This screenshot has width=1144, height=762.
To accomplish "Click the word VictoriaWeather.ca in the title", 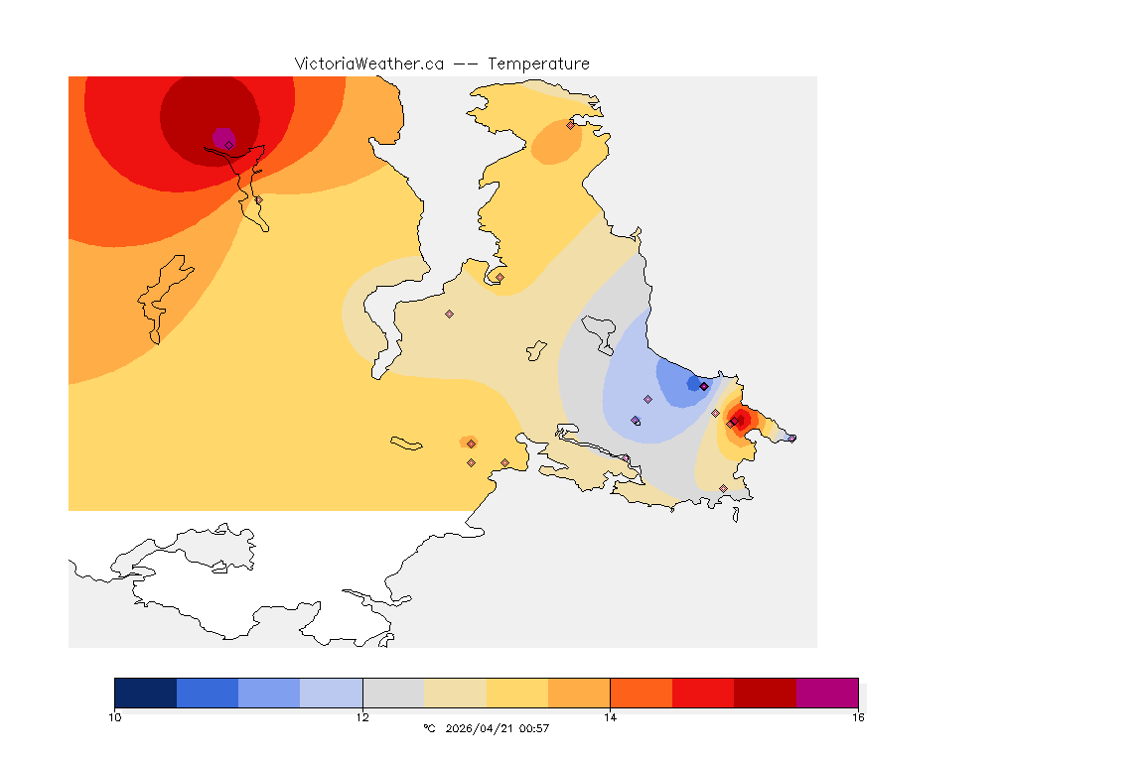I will pyautogui.click(x=368, y=63).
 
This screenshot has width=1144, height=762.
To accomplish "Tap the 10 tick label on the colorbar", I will pyautogui.click(x=114, y=716).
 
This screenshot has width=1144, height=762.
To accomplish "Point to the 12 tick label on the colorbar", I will pyautogui.click(x=362, y=716).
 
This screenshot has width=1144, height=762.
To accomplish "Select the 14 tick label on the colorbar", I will pyautogui.click(x=610, y=716).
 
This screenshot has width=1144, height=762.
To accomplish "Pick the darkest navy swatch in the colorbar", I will pyautogui.click(x=145, y=693).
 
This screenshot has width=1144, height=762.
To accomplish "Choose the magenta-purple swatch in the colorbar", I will pyautogui.click(x=827, y=693).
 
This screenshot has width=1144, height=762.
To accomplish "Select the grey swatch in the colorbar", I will pyautogui.click(x=393, y=693).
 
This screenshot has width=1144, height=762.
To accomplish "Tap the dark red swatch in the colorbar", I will pyautogui.click(x=765, y=693).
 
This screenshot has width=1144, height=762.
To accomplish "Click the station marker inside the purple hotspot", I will pyautogui.click(x=228, y=145).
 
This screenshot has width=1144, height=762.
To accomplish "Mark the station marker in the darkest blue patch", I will pyautogui.click(x=703, y=386).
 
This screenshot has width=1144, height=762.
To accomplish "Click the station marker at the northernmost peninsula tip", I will pyautogui.click(x=570, y=125).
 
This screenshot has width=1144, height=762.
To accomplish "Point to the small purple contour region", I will pyautogui.click(x=222, y=136).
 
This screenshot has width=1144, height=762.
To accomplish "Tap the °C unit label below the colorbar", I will pyautogui.click(x=429, y=728).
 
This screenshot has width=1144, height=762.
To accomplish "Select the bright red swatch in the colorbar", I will pyautogui.click(x=703, y=693).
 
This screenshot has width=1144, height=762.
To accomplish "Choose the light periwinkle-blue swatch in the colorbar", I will pyautogui.click(x=332, y=693).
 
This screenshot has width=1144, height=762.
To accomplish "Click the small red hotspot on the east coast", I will pyautogui.click(x=740, y=418).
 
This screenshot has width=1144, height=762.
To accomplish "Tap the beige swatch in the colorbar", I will pyautogui.click(x=455, y=693).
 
